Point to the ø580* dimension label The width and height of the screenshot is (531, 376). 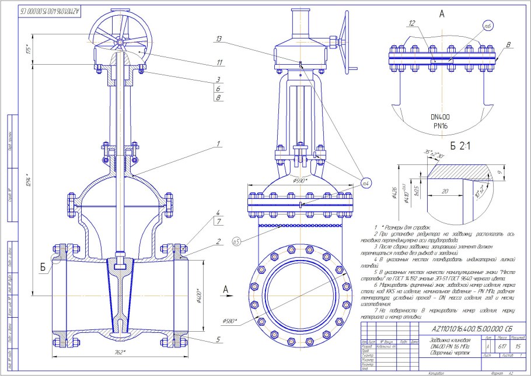(230, 321)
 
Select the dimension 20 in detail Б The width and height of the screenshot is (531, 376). (445, 191)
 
